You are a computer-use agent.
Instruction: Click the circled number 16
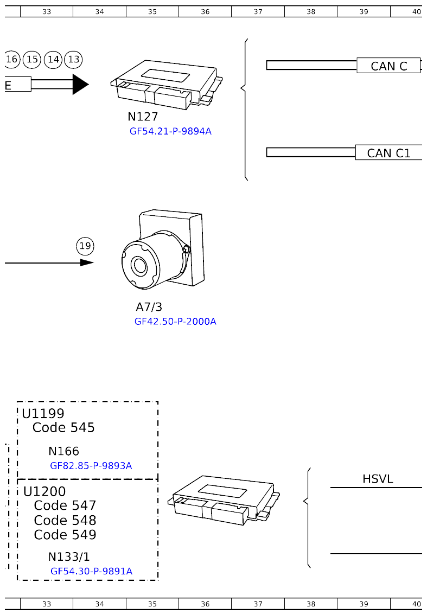pyautogui.click(x=12, y=59)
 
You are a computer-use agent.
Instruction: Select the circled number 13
pyautogui.click(x=73, y=59)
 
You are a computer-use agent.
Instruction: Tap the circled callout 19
pyautogui.click(x=85, y=247)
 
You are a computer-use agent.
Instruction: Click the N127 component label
pyautogui.click(x=143, y=117)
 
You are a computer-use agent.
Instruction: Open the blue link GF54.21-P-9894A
pyautogui.click(x=170, y=131)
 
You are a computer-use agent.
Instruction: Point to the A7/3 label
pyautogui.click(x=149, y=307)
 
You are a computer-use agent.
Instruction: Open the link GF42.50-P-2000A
pyautogui.click(x=175, y=322)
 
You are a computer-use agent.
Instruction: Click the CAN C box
pyautogui.click(x=388, y=66)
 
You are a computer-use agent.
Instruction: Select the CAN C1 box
pyautogui.click(x=388, y=153)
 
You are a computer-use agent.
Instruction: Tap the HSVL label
pyautogui.click(x=378, y=479)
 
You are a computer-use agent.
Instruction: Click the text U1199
pyautogui.click(x=43, y=414)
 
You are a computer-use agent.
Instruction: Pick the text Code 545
pyautogui.click(x=63, y=428)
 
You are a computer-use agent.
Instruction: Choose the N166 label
pyautogui.click(x=63, y=451)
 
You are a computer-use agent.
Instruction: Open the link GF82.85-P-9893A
pyautogui.click(x=91, y=466)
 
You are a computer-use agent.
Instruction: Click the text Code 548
pyautogui.click(x=65, y=521)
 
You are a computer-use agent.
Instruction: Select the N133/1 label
pyautogui.click(x=69, y=557)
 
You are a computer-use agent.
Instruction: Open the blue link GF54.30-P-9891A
pyautogui.click(x=91, y=572)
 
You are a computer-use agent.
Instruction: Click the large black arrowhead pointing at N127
pyautogui.click(x=80, y=84)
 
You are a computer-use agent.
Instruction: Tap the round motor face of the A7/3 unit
pyautogui.click(x=140, y=266)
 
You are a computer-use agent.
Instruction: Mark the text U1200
pyautogui.click(x=44, y=491)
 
